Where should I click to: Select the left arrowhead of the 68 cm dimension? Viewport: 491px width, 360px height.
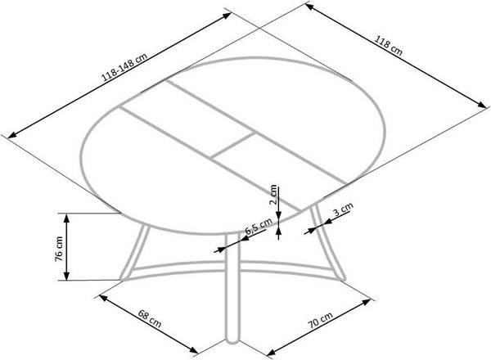pos(103,297)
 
